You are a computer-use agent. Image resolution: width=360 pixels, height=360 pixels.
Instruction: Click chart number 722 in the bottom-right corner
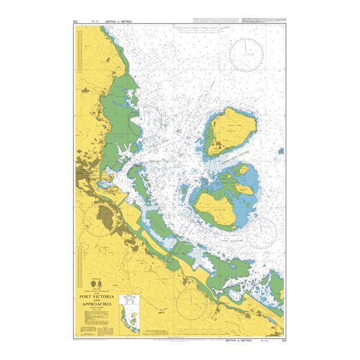283,340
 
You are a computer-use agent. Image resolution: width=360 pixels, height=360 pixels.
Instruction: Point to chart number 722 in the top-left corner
76,22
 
